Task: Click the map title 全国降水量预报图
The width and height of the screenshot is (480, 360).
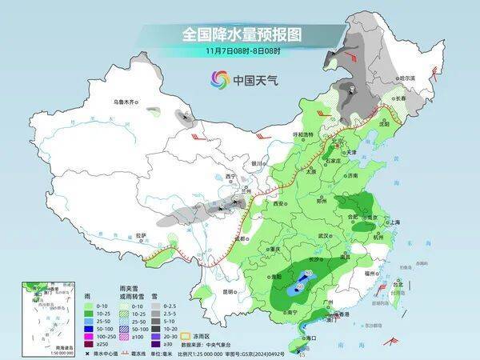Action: [240, 36]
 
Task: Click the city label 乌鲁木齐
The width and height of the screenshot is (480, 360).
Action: [126, 102]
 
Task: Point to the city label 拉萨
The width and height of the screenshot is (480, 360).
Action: [142, 235]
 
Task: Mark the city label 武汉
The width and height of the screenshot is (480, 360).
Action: [323, 236]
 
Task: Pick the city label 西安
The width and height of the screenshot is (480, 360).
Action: [280, 205]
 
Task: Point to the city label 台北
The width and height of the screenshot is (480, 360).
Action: [395, 284]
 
